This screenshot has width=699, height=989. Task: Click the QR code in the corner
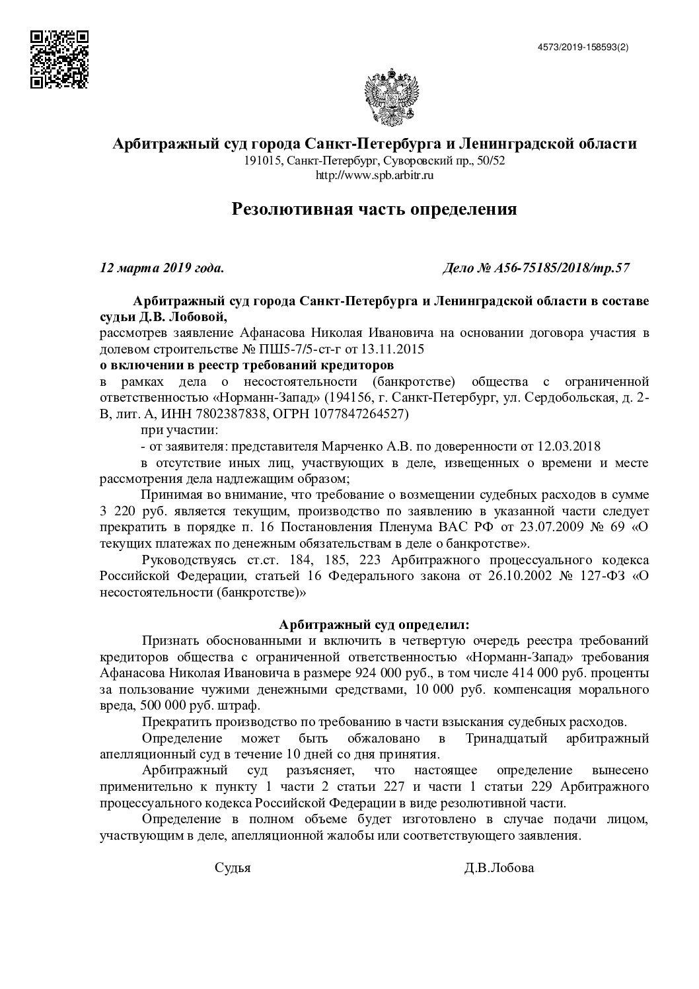59,59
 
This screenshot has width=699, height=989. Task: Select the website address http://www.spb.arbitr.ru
375,175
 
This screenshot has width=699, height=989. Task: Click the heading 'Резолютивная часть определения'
374,209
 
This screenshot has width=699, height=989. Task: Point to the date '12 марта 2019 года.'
161,268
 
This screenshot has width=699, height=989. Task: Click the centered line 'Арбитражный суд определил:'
374,624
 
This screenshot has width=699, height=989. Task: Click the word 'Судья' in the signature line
233,868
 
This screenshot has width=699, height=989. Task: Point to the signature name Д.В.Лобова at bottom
499,868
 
